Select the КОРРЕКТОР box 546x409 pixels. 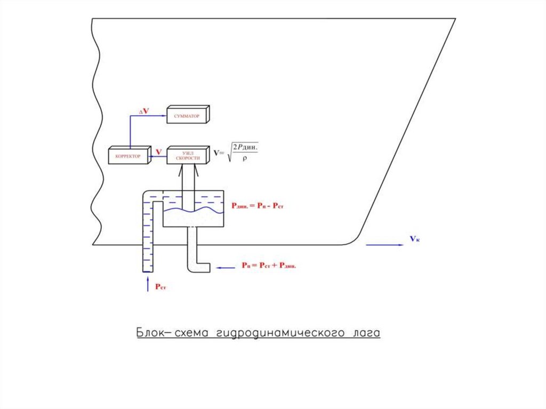tap(128, 155)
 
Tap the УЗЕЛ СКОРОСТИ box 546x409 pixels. tap(188, 155)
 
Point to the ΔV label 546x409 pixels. tap(144, 110)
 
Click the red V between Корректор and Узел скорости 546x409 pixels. tap(159, 153)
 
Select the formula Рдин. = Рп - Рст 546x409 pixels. tap(257, 205)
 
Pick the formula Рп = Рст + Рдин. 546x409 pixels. tap(268, 265)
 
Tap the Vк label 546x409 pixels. tap(414, 239)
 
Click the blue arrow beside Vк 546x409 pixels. tap(384, 245)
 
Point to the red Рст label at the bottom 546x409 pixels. tap(161, 287)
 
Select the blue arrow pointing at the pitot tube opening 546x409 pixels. tap(226, 268)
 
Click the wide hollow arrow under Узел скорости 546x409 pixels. tap(188, 176)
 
